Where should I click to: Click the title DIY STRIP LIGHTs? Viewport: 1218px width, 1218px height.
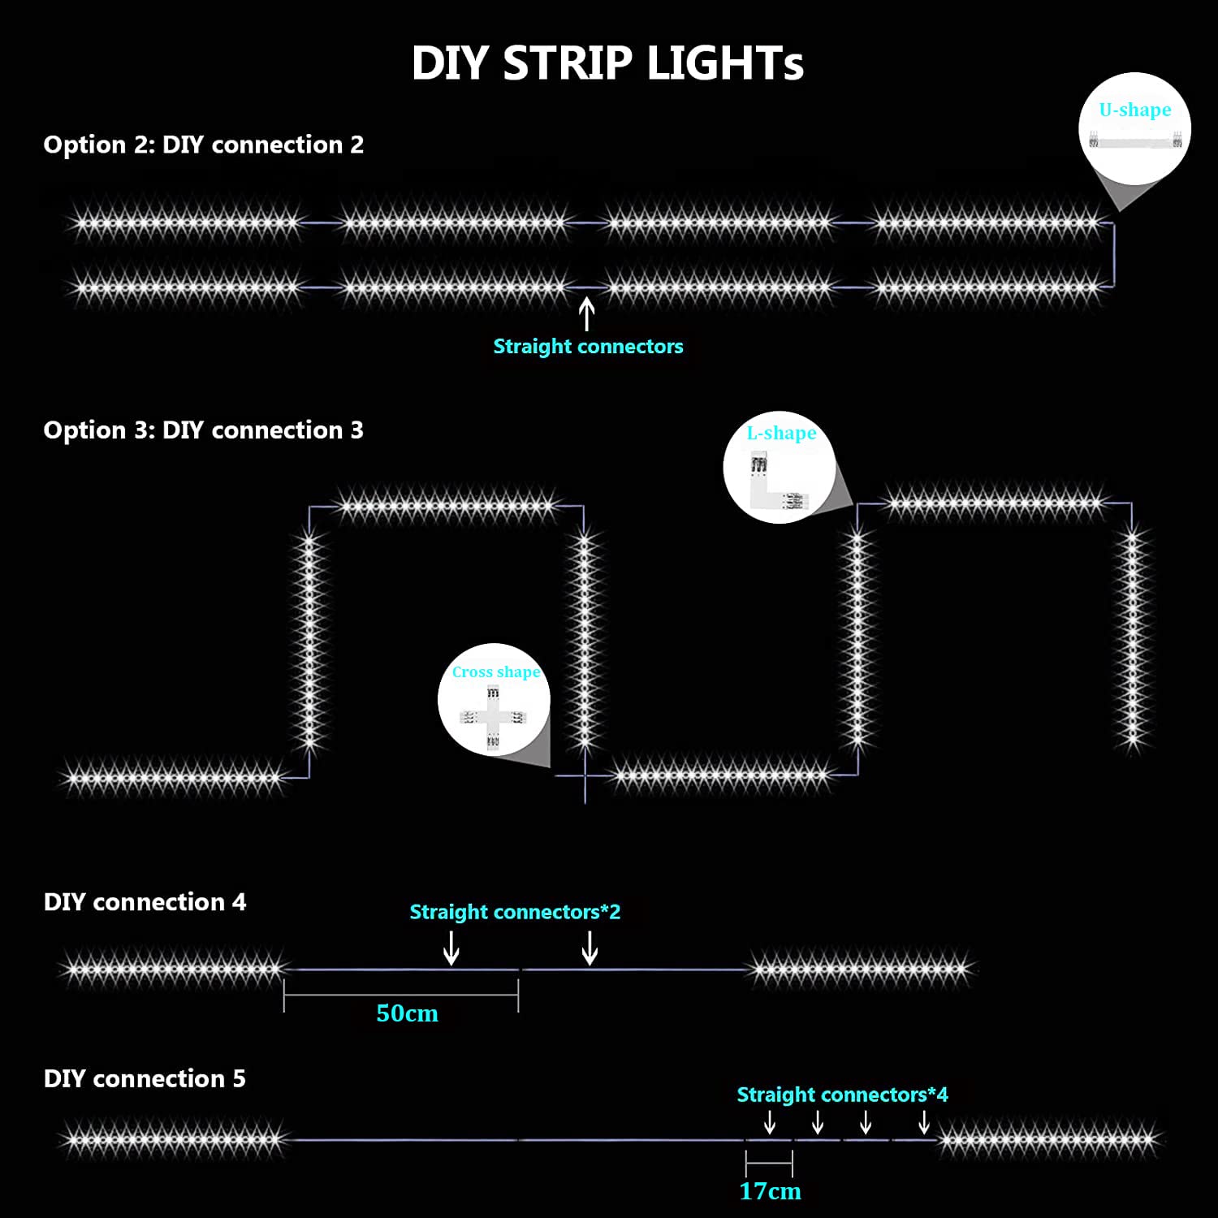coord(607,63)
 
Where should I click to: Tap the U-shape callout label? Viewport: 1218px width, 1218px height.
coord(1135,110)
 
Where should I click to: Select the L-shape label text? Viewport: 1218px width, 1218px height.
coord(781,433)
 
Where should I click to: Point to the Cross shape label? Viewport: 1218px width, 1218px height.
coord(496,672)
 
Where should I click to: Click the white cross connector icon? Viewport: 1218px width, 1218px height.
coord(493,717)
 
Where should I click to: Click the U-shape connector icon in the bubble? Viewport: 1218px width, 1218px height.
coord(1135,139)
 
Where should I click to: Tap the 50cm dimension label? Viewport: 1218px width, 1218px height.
coord(407,1013)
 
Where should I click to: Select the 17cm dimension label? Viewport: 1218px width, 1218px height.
coord(770,1191)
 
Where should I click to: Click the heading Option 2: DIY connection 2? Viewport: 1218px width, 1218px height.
coord(204,145)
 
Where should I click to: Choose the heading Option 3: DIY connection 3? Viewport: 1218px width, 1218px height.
coord(204,430)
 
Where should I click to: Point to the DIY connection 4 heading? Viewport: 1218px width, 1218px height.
coord(145,902)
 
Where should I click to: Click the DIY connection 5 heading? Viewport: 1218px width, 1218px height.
coord(145,1078)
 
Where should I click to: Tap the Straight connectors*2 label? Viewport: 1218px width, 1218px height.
coord(515,912)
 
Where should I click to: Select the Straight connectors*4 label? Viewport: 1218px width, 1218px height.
coord(842,1095)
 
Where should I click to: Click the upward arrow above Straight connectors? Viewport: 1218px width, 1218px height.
coord(586,314)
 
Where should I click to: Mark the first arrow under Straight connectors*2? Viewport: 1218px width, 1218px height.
coord(451,948)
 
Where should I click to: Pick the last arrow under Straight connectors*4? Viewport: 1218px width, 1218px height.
coord(924,1122)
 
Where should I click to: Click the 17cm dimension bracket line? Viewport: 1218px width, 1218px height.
coord(769,1164)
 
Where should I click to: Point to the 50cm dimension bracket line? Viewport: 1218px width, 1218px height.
coord(401,995)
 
